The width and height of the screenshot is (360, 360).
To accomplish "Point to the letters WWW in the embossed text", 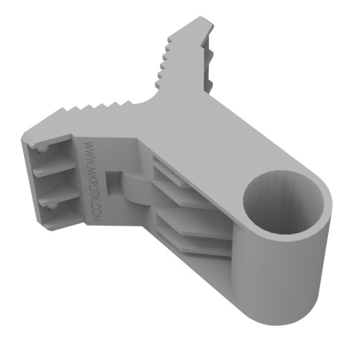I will click(86, 152).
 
